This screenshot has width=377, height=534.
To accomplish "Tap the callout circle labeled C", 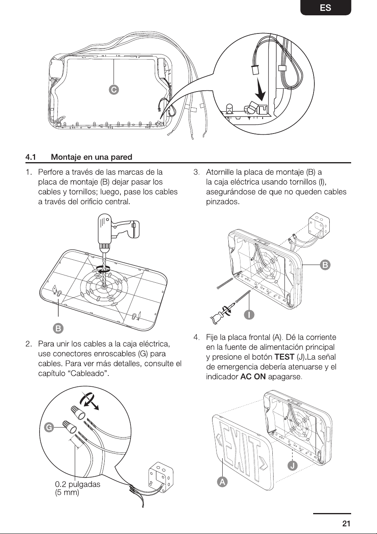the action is pyautogui.click(x=114, y=90).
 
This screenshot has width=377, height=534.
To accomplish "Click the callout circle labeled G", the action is pyautogui.click(x=49, y=428).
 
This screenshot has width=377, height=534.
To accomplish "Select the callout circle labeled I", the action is pyautogui.click(x=249, y=315).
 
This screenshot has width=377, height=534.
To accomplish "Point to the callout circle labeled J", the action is pyautogui.click(x=293, y=465).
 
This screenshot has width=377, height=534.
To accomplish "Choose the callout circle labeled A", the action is pyautogui.click(x=222, y=482).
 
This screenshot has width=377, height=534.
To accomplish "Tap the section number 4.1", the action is pyautogui.click(x=31, y=157).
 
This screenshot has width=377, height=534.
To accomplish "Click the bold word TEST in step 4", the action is pyautogui.click(x=284, y=357).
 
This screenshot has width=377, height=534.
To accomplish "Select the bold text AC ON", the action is pyautogui.click(x=253, y=377).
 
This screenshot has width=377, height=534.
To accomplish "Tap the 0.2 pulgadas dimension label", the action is pyautogui.click(x=78, y=484).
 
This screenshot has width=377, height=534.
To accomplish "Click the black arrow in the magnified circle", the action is pyautogui.click(x=260, y=90).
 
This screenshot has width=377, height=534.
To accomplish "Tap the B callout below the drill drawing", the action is pyautogui.click(x=58, y=328).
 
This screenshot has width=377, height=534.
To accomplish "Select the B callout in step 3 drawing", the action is pyautogui.click(x=325, y=265).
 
